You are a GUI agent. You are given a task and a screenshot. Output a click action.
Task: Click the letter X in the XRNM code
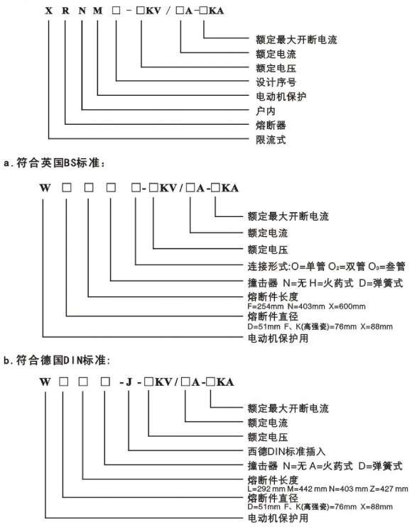[49, 11]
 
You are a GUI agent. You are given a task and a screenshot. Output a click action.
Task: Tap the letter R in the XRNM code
[65, 11]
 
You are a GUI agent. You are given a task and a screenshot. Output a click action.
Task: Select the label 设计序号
[276, 82]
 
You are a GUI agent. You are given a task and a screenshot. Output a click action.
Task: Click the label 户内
[266, 111]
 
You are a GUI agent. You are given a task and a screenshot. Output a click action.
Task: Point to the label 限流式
[271, 140]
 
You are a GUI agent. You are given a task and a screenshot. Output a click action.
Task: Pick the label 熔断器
[271, 125]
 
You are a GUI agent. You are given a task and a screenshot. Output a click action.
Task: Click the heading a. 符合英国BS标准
[55, 163]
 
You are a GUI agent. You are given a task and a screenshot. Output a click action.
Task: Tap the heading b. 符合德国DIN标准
[57, 360]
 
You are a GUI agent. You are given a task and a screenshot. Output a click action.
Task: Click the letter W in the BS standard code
[45, 188]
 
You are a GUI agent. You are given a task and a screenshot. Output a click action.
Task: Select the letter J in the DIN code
[129, 382]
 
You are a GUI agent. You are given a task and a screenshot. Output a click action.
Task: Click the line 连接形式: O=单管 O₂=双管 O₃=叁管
[327, 267]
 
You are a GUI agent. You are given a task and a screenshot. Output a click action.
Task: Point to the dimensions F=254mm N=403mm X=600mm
[306, 306]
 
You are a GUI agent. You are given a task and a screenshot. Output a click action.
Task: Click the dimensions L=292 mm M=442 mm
[287, 489]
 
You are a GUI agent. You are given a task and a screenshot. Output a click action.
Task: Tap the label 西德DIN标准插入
[286, 451]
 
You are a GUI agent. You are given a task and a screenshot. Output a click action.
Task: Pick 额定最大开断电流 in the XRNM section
[296, 40]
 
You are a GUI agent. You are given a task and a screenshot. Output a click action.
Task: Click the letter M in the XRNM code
[97, 11]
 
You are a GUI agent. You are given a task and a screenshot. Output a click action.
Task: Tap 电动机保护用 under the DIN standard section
[278, 518]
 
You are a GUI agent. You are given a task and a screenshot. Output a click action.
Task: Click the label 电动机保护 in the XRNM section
[281, 96]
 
